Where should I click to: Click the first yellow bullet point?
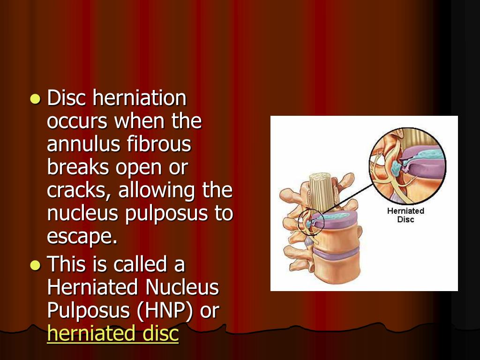35,99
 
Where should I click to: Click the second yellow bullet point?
35,265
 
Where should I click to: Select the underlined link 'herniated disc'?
113,334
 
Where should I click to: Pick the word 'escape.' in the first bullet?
82,237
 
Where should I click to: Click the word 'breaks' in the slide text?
76,168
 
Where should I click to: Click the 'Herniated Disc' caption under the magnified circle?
405,215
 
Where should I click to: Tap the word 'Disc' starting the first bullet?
67,98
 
